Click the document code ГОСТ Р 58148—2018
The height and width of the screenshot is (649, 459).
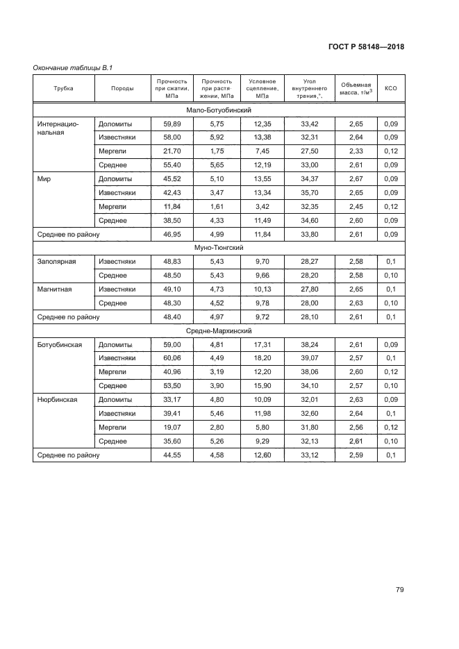coord(366,47)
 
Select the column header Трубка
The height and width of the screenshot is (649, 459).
coord(63,88)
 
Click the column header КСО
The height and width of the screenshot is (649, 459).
coord(390,88)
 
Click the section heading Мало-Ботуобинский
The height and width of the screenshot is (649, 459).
coord(219,110)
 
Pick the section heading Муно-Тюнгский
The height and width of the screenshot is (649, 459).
coord(219,247)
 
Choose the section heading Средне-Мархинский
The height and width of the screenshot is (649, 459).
coord(219,330)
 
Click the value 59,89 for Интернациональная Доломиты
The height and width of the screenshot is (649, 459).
coord(172,124)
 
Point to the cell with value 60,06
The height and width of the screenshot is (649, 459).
coord(172,358)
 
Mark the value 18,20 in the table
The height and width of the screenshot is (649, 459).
coord(262,358)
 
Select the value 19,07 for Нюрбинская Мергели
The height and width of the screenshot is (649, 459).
coord(172,427)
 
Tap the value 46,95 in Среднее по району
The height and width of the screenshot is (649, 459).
coord(172,234)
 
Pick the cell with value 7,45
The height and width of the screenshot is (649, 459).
coord(262,151)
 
